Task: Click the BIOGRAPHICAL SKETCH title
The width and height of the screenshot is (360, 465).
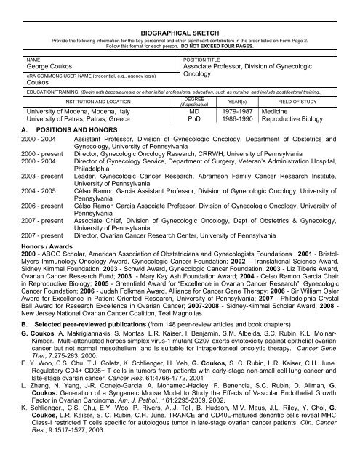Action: click(180, 22)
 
